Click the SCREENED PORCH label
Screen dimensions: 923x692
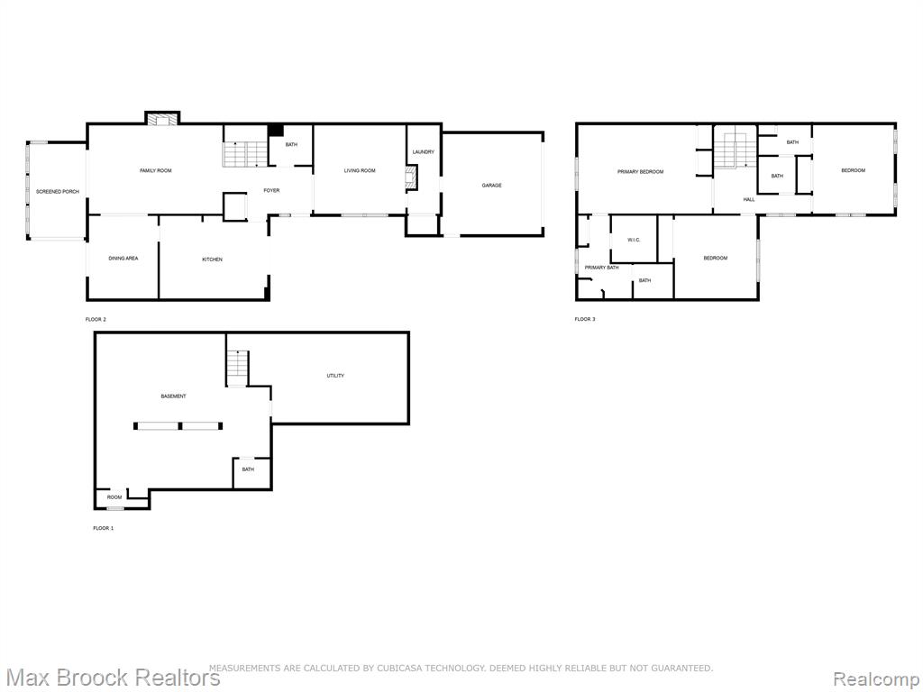(58, 192)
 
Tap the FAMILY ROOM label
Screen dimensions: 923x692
(156, 170)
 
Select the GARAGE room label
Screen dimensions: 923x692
(491, 186)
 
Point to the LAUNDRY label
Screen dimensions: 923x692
(424, 151)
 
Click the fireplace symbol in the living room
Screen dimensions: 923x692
(411, 178)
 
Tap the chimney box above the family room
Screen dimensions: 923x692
(162, 119)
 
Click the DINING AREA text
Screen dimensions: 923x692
(123, 259)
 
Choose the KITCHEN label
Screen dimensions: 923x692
(213, 259)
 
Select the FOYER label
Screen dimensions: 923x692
(271, 191)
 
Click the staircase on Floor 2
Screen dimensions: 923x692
(245, 153)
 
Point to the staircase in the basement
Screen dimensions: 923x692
(238, 368)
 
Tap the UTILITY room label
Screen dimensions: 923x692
(335, 376)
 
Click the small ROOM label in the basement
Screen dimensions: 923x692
(114, 497)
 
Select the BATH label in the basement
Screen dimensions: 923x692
(248, 469)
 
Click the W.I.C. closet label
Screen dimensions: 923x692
(634, 240)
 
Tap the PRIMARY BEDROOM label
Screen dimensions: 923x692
(641, 172)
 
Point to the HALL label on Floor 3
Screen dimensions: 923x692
(749, 199)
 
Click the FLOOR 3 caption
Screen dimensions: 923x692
(585, 320)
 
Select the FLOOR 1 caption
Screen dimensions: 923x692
(104, 528)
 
